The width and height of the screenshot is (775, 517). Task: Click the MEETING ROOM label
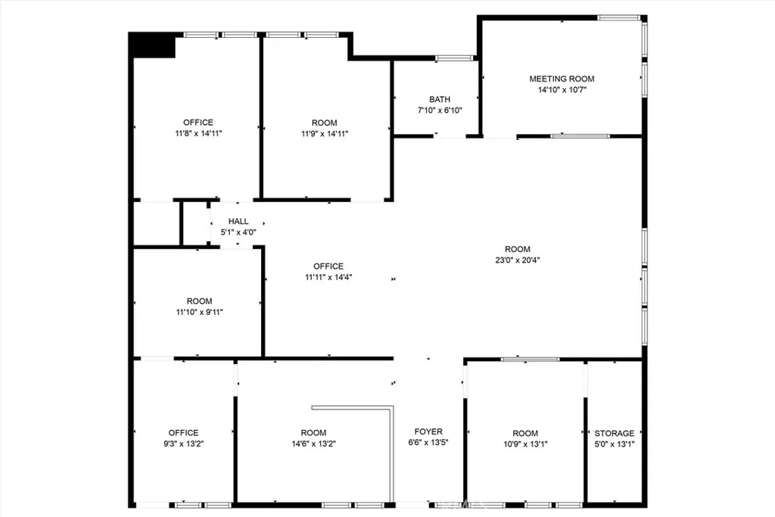tap(562, 79)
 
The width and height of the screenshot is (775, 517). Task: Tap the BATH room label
tap(440, 99)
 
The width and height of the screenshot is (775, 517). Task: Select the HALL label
tap(238, 222)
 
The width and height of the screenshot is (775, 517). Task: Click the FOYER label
tap(428, 432)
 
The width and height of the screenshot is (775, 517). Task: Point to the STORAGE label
tap(614, 434)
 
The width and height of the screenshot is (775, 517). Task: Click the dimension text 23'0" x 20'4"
tap(518, 260)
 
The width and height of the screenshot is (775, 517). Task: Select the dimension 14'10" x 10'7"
tap(562, 89)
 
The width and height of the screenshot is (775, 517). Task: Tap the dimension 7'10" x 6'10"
tap(440, 110)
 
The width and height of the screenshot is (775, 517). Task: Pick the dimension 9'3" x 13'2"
tap(183, 444)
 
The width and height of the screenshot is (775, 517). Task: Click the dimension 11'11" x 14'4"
tap(328, 276)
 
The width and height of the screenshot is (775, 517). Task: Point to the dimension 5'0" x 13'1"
tap(614, 444)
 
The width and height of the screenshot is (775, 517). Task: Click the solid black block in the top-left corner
tap(152, 45)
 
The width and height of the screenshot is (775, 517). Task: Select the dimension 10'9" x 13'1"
tap(524, 444)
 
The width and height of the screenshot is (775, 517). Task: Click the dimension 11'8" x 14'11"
tap(198, 133)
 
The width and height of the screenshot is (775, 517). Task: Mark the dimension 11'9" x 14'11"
tap(325, 133)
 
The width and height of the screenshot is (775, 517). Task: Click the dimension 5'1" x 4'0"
tap(238, 232)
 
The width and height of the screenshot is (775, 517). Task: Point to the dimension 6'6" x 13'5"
tap(428, 443)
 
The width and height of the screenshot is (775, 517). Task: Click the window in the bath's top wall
tap(455, 58)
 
